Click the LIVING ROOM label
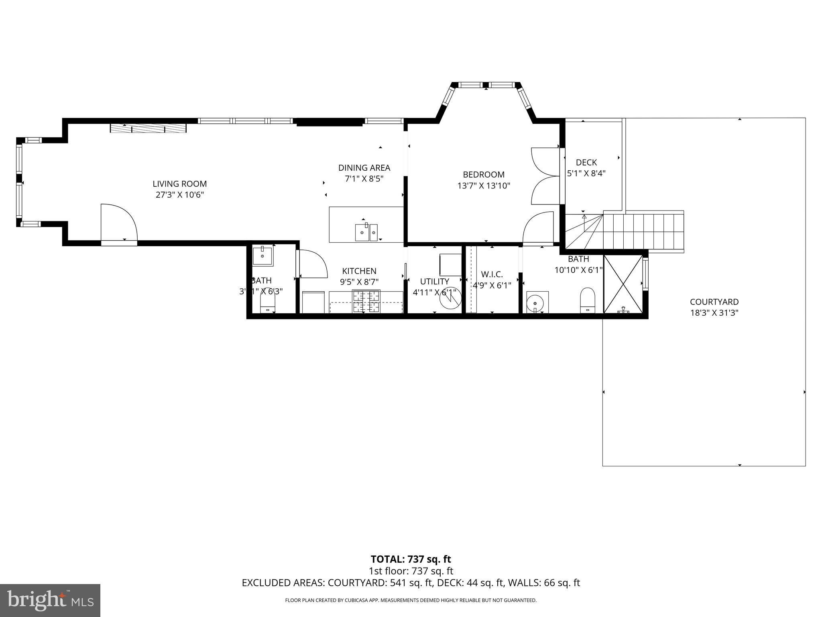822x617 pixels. pos(179,184)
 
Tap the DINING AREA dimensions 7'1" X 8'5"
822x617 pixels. pos(364,179)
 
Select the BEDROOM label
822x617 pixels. pos(483,175)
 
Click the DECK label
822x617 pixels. pos(586,163)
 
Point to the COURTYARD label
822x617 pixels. pos(714,302)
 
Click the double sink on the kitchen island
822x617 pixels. pos(366,232)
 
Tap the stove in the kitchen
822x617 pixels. pos(366,301)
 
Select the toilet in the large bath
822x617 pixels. pos(588,300)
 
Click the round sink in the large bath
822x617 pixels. pos(535,302)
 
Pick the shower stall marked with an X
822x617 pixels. pos(623,284)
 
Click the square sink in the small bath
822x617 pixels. pos(262,255)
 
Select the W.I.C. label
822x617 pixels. pos(492,274)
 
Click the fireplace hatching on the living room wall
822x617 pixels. pos(148,128)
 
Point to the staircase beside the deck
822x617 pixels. pos(643,232)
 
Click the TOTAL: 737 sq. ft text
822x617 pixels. pos(411,559)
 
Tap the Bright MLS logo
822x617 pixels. pos(50,600)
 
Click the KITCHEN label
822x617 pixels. pos(359,271)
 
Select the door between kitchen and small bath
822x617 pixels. pos(311,264)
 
